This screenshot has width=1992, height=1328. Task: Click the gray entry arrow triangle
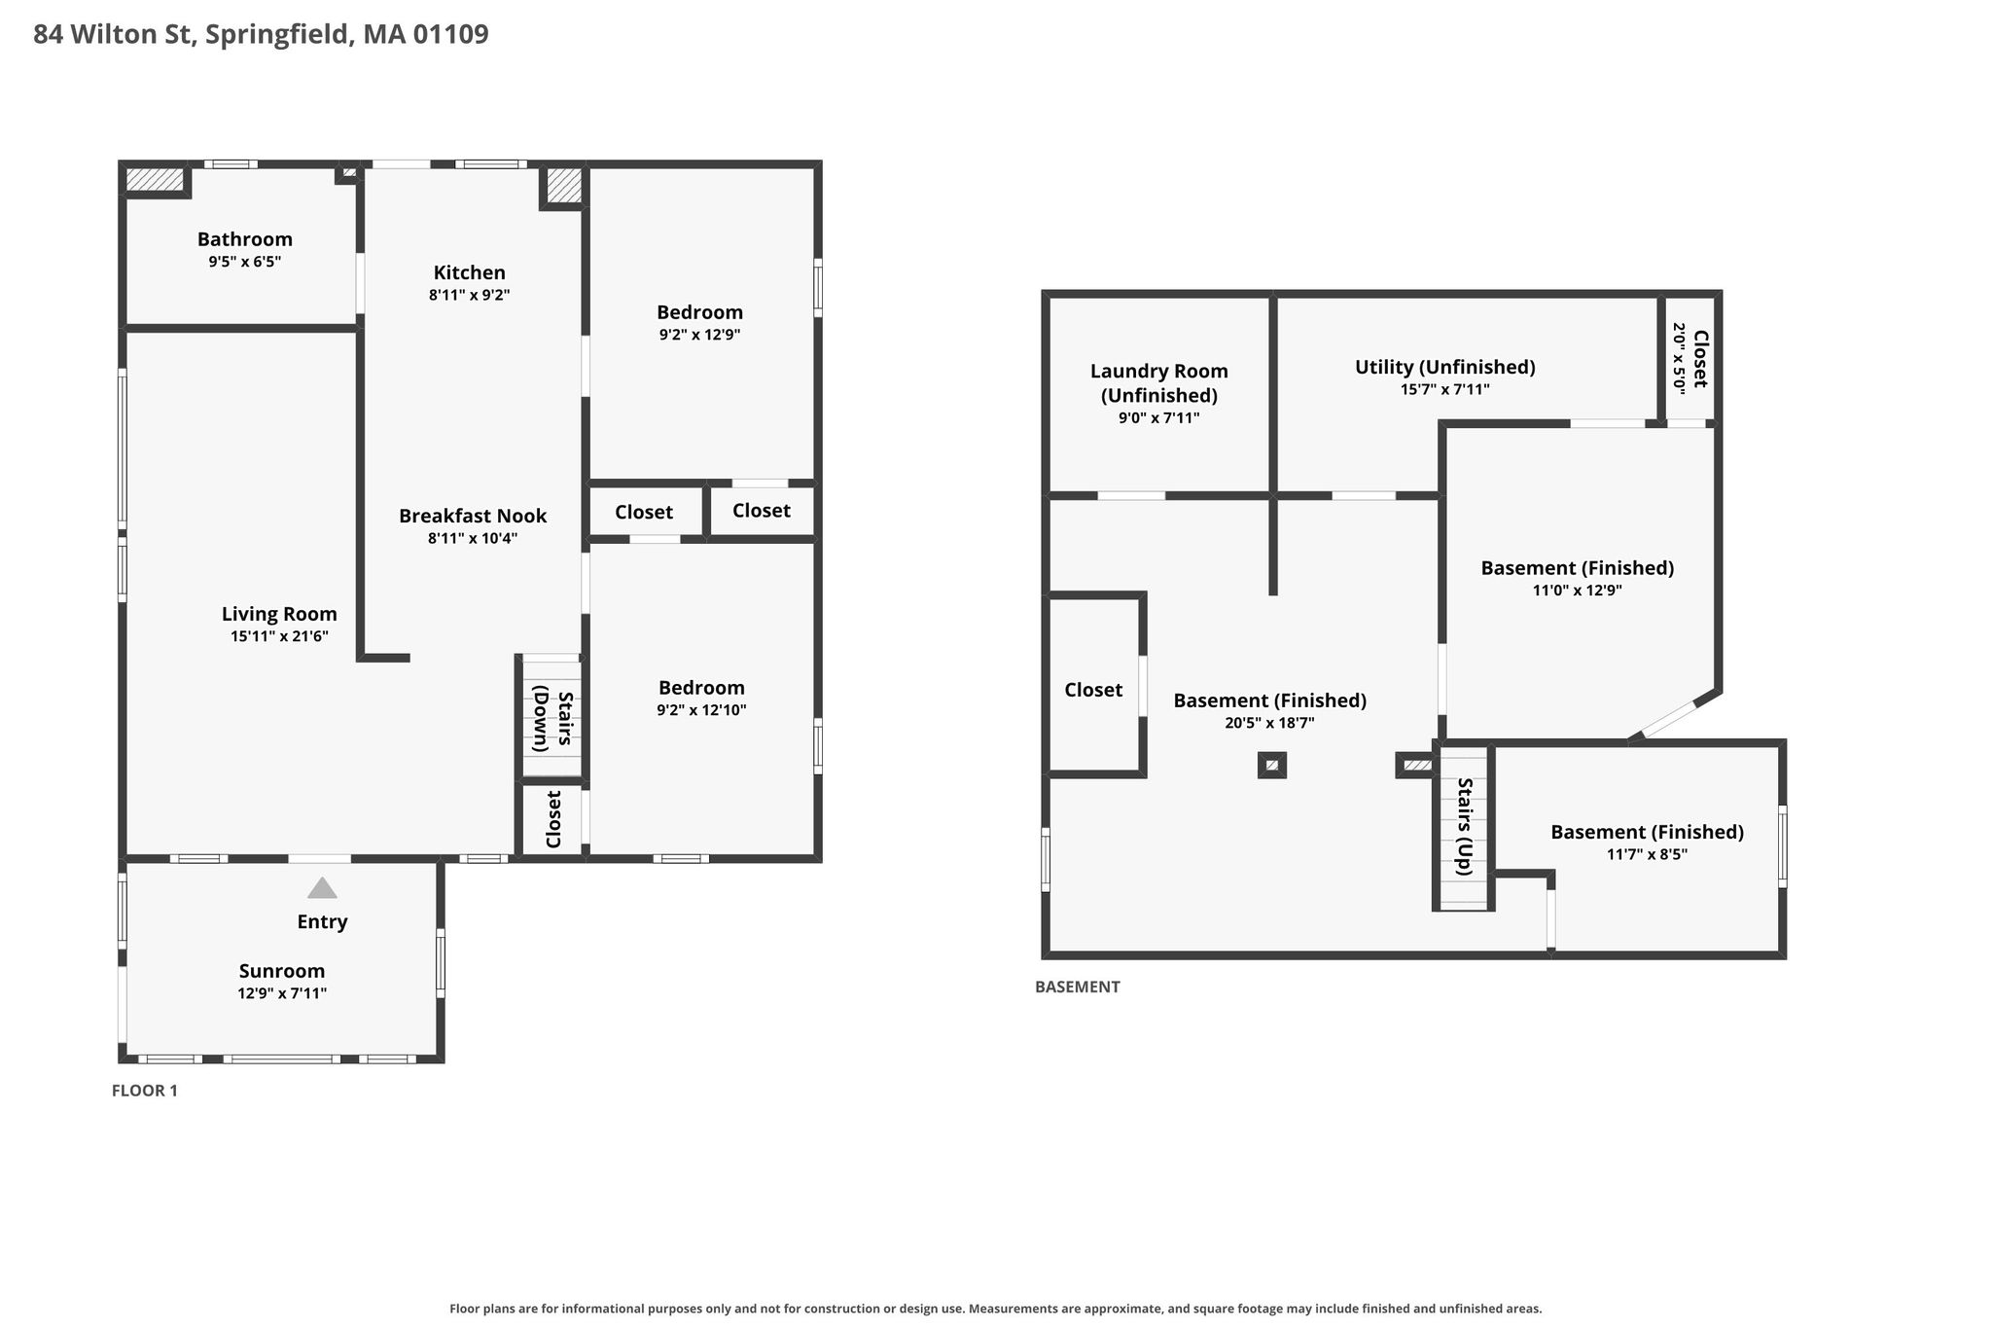tap(322, 887)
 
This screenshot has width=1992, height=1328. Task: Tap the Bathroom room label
tap(245, 239)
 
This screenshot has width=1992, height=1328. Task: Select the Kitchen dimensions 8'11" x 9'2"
tap(470, 295)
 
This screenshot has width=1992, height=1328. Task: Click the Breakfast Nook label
tap(473, 516)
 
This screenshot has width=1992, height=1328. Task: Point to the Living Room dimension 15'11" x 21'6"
tap(279, 636)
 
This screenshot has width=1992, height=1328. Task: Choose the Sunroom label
tap(282, 971)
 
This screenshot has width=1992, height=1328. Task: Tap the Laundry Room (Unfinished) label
tap(1159, 383)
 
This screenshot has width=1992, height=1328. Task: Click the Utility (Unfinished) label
tap(1445, 367)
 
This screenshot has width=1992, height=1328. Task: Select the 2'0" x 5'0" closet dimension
tap(1679, 357)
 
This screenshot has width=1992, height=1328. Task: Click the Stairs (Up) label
tap(1465, 827)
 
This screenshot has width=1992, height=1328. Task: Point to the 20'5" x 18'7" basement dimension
tap(1270, 723)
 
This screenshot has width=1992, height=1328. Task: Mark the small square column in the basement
tap(1272, 766)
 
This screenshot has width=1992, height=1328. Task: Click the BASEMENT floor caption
tap(1078, 987)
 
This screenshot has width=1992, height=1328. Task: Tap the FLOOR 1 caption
tap(145, 1091)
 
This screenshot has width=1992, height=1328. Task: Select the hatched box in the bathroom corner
tap(156, 180)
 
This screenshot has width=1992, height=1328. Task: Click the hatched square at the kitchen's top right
tap(563, 185)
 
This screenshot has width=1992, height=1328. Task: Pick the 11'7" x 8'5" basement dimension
tap(1647, 854)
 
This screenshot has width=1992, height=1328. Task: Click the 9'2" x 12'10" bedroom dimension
tap(701, 710)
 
